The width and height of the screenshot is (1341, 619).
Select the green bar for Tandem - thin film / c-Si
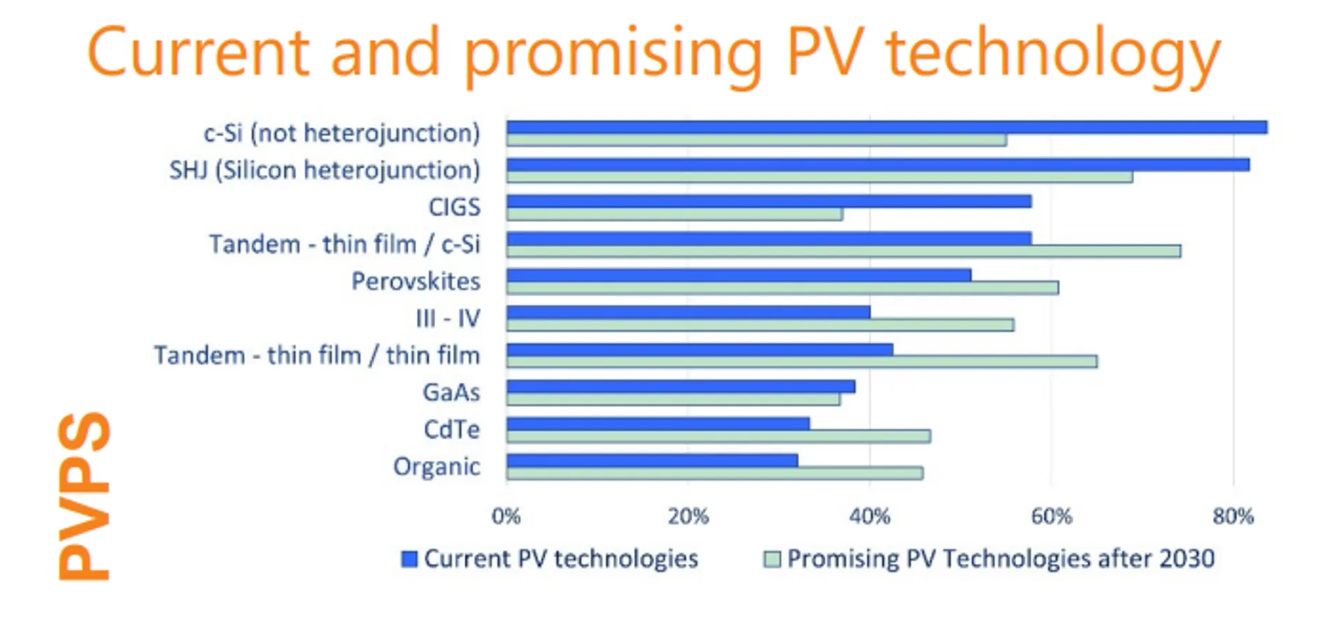tap(843, 251)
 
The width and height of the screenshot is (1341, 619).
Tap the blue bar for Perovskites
tap(738, 275)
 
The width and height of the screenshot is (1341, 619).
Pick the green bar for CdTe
tap(718, 436)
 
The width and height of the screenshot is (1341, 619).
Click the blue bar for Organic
tap(652, 460)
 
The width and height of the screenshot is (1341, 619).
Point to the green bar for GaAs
tap(673, 399)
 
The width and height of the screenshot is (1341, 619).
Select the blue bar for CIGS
tap(768, 201)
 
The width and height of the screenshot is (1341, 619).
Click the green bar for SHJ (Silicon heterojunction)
tap(819, 177)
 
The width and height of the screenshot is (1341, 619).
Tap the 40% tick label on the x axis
tap(870, 516)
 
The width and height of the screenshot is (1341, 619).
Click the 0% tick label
tap(506, 516)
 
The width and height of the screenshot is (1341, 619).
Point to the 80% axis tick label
tap(1233, 516)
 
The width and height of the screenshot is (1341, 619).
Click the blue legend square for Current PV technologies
tap(409, 559)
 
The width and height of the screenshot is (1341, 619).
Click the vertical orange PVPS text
tap(84, 496)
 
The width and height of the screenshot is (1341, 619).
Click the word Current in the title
tap(198, 53)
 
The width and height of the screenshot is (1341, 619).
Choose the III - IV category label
tap(448, 319)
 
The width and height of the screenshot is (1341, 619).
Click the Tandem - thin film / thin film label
tap(317, 356)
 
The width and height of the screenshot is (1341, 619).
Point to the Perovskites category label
tap(416, 282)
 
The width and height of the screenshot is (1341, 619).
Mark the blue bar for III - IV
tap(687, 312)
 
